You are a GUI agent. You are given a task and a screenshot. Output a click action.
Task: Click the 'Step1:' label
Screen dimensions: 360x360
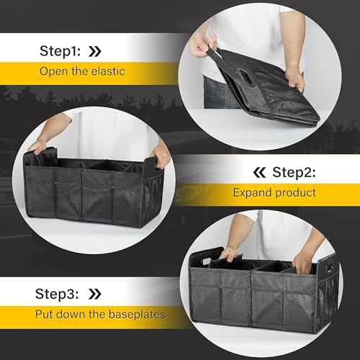click(x=63, y=52)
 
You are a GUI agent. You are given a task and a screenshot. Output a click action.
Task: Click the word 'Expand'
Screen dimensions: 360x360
click(x=248, y=193)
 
